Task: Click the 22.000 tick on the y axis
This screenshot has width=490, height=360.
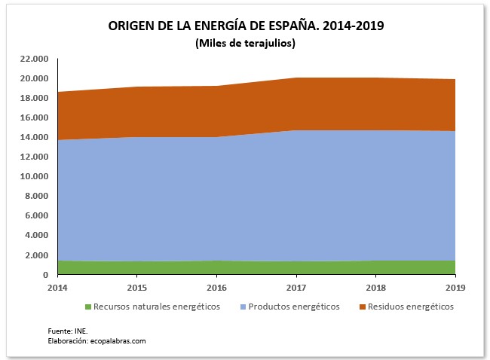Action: [35, 59]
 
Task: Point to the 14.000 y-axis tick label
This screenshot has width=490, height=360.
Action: [35, 137]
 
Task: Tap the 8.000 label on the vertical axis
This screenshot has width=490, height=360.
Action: [38, 196]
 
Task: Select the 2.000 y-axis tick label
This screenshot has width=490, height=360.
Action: [38, 255]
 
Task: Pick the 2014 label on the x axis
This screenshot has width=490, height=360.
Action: [57, 288]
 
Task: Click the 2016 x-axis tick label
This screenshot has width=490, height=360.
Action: [216, 288]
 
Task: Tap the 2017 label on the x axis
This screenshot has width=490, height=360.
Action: [296, 288]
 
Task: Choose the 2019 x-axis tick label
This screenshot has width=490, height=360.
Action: [455, 288]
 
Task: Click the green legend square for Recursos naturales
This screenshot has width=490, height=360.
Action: [87, 307]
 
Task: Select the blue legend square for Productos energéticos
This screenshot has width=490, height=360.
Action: [242, 307]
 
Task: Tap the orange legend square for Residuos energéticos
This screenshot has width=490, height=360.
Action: [361, 307]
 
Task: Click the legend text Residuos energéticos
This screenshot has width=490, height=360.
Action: [411, 307]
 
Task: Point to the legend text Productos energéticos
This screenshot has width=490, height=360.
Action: [294, 307]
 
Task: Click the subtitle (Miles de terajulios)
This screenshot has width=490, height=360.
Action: [245, 43]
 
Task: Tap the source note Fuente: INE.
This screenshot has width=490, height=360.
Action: [62, 331]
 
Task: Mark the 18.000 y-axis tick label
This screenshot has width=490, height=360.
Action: [35, 98]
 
